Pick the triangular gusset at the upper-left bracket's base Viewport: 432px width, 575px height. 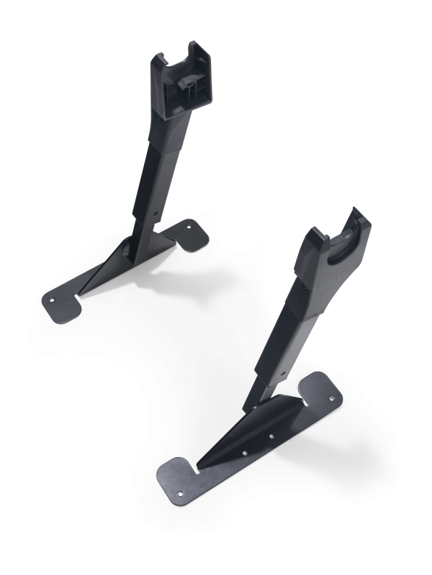tap(108, 266)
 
